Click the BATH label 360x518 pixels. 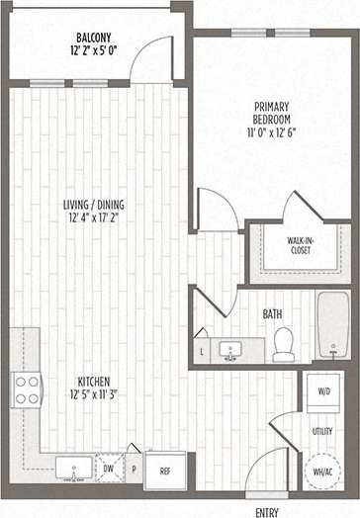273,314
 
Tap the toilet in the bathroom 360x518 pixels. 285,343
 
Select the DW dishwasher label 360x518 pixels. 108,469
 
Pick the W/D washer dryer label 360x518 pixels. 323,390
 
